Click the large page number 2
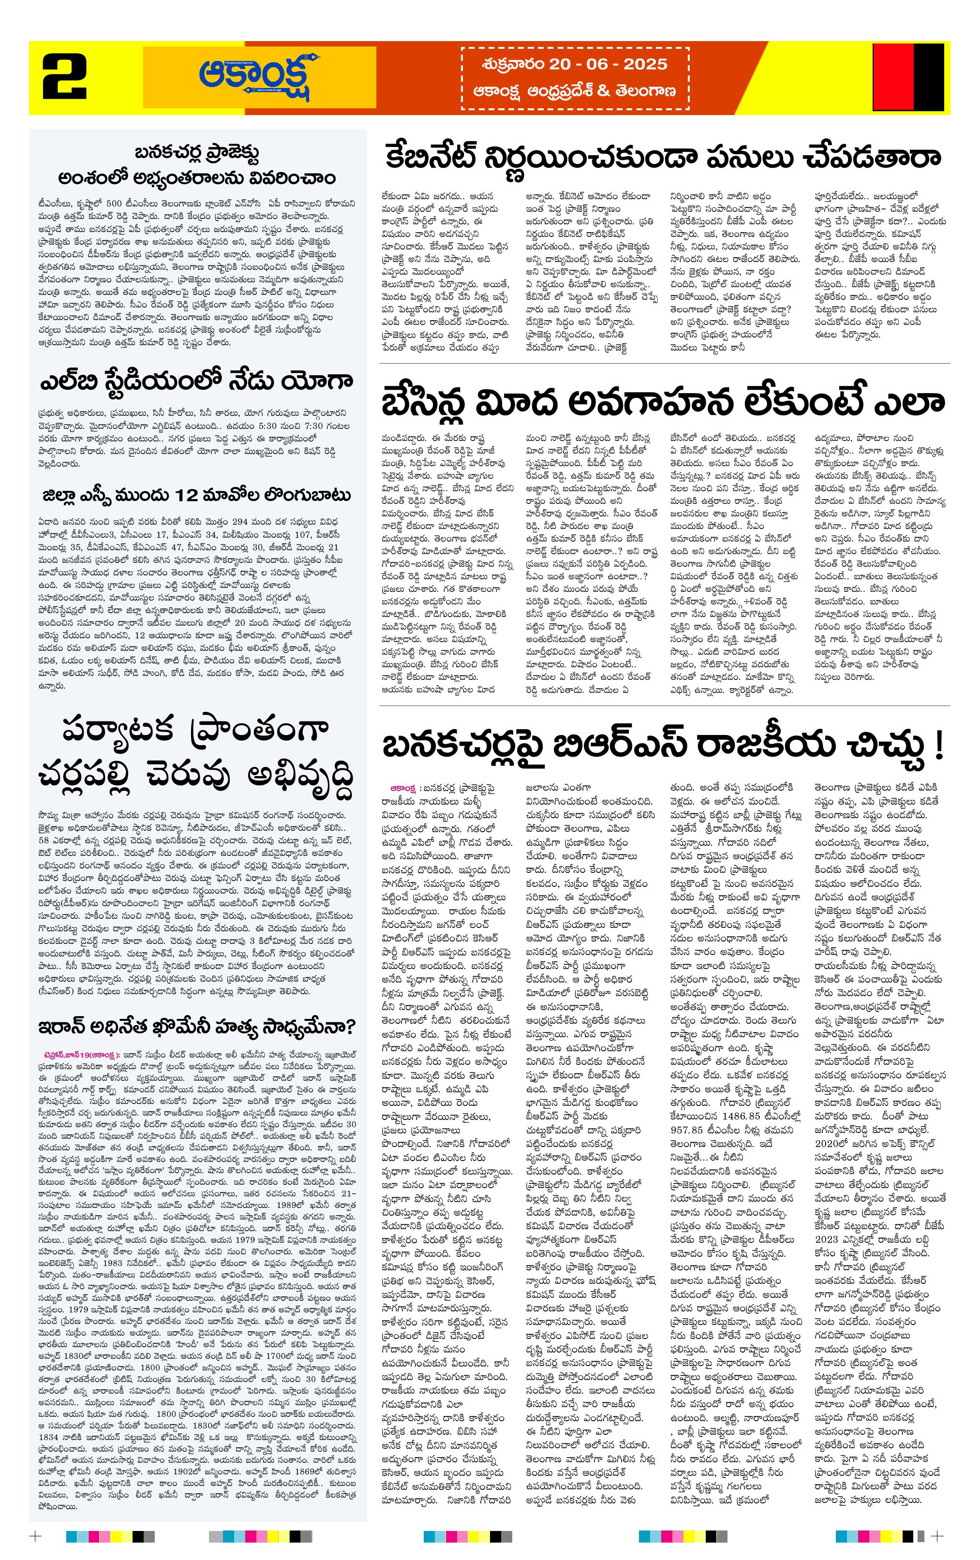[65, 78]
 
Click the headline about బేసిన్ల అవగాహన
[662, 401]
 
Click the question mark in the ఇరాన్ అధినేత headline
[350, 1028]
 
